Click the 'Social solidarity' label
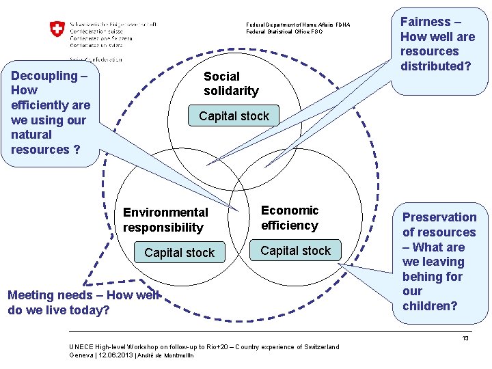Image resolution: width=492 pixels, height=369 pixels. pos(231,83)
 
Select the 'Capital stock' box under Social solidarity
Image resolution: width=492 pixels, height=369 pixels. pos(234,116)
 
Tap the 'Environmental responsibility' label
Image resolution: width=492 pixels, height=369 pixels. pos(165,220)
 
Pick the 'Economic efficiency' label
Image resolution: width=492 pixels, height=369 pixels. pos(290,218)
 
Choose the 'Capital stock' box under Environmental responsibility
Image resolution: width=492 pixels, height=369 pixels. pos(179,253)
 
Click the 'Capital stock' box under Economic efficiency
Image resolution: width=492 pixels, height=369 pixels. pos(295,251)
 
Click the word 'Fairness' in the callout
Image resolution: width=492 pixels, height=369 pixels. pos(425,22)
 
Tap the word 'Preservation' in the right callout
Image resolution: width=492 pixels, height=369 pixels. pos(439,217)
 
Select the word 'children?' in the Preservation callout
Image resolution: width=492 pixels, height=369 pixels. pos(430,306)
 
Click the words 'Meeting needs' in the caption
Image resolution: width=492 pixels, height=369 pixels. pos(46,295)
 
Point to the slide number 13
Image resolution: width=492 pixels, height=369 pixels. pos(465,338)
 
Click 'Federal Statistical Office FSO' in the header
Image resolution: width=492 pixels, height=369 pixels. pos(284,31)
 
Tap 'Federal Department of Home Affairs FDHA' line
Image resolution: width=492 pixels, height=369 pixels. pos(298,25)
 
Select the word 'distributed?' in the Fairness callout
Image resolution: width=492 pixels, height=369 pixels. pos(433,66)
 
